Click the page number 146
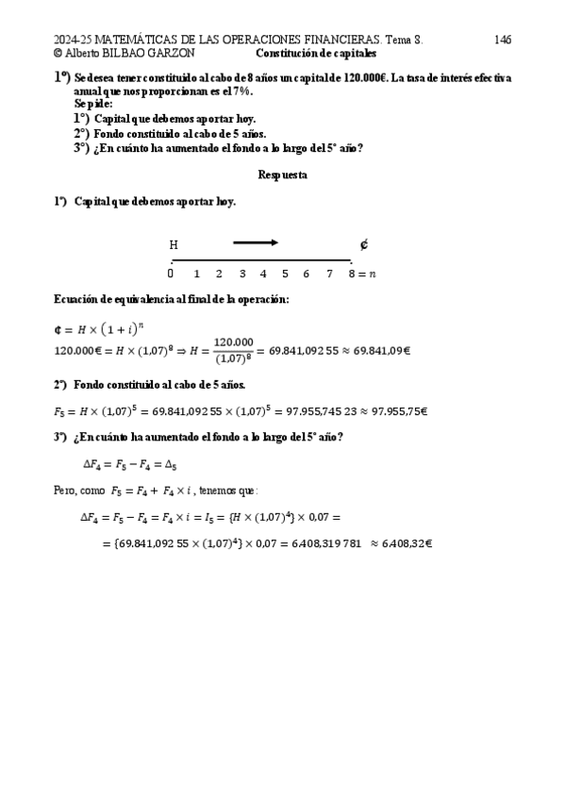point(502,41)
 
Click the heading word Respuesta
point(282,175)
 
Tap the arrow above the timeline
point(256,243)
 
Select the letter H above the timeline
point(174,245)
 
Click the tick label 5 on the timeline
point(284,275)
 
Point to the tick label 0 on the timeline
point(171,275)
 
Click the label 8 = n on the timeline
point(361,275)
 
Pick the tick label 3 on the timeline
point(241,275)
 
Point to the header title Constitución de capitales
point(316,54)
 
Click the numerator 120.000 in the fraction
point(233,342)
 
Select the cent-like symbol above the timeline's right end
point(364,245)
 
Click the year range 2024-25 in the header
point(76,41)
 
